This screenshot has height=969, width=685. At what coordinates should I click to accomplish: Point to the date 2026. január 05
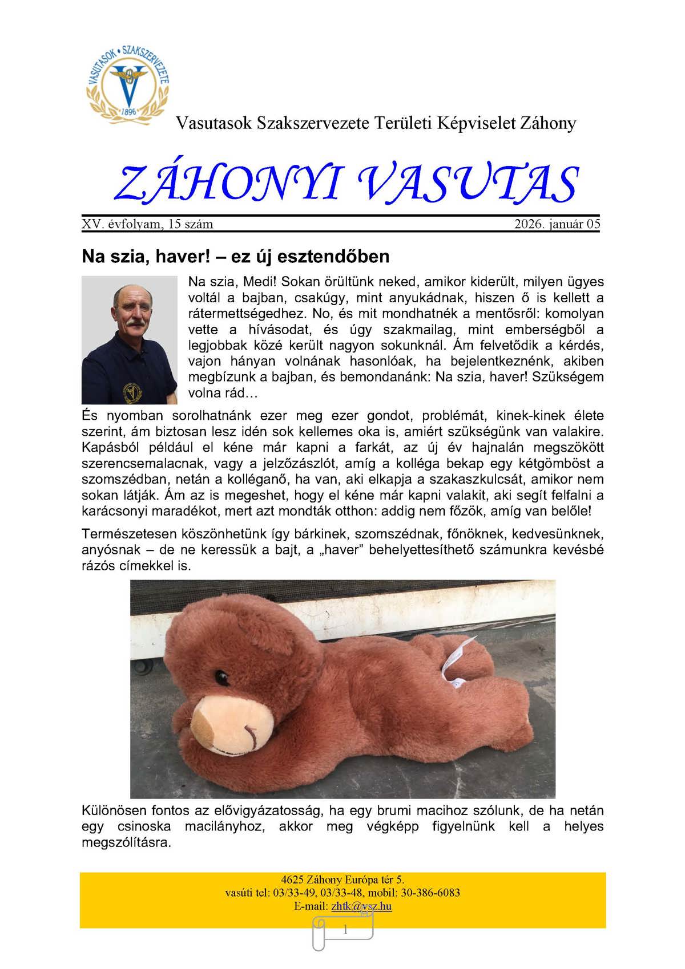(557, 224)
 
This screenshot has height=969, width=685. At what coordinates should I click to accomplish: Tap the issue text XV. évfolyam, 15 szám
(147, 224)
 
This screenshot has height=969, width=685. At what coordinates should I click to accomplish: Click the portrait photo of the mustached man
(129, 340)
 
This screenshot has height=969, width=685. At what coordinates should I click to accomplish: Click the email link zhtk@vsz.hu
(361, 906)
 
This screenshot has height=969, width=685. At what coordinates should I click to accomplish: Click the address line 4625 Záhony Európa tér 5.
(342, 879)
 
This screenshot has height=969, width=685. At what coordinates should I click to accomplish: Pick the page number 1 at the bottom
(345, 930)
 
